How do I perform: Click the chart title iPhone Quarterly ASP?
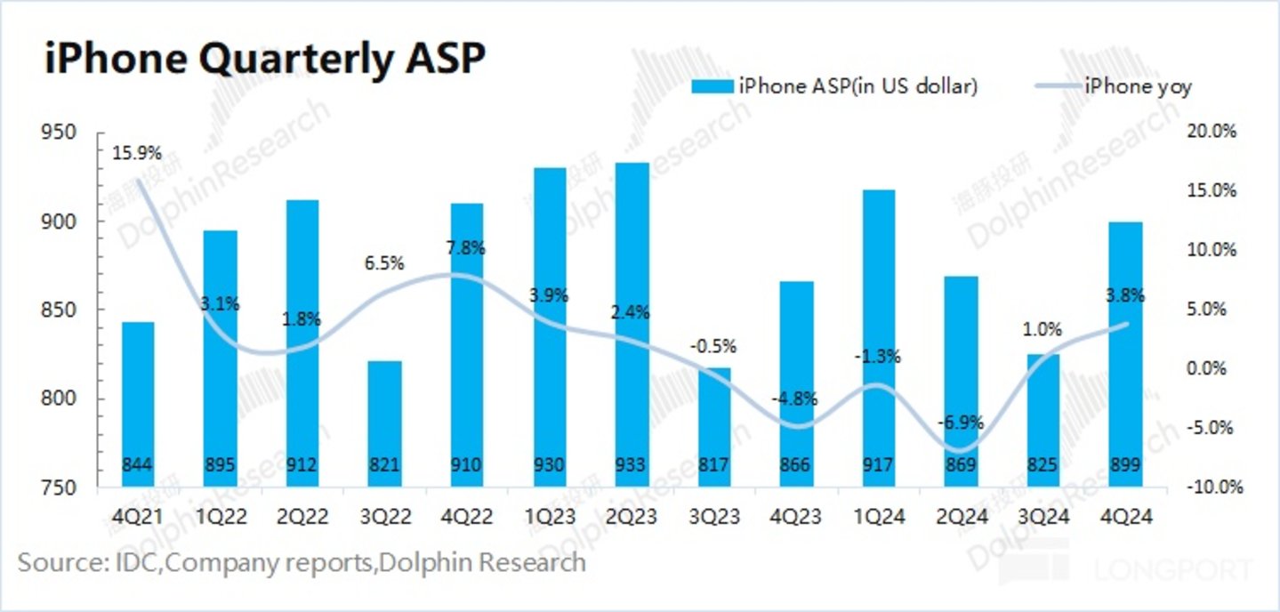tap(265, 60)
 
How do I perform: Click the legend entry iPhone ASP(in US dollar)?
tap(835, 86)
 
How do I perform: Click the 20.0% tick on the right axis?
tap(1212, 132)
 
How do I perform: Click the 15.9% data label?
tap(137, 153)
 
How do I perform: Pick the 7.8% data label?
tap(466, 249)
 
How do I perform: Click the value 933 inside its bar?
tap(632, 463)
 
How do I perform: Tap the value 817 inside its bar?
tap(714, 463)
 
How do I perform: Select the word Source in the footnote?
tap(54, 562)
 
